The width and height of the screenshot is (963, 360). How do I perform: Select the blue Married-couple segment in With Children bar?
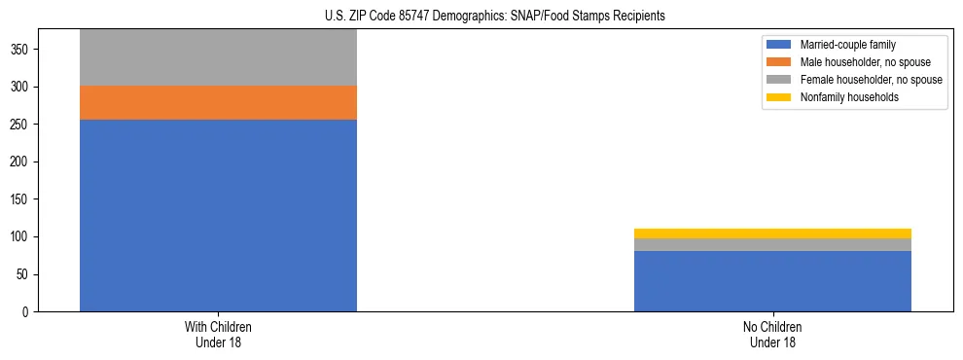[218, 215]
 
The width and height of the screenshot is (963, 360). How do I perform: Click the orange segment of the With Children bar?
[218, 102]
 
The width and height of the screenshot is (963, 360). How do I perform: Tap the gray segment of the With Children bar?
[218, 57]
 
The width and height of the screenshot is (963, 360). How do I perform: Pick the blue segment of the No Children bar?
[772, 281]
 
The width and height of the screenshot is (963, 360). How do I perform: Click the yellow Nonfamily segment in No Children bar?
[772, 234]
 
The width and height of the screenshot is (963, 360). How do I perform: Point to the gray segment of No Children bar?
[772, 244]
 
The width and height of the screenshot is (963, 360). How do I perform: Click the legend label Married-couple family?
[847, 45]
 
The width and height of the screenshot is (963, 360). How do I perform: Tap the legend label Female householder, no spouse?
[871, 80]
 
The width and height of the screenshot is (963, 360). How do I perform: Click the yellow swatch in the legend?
[778, 97]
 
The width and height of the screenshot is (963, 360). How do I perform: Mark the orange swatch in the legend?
[778, 62]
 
